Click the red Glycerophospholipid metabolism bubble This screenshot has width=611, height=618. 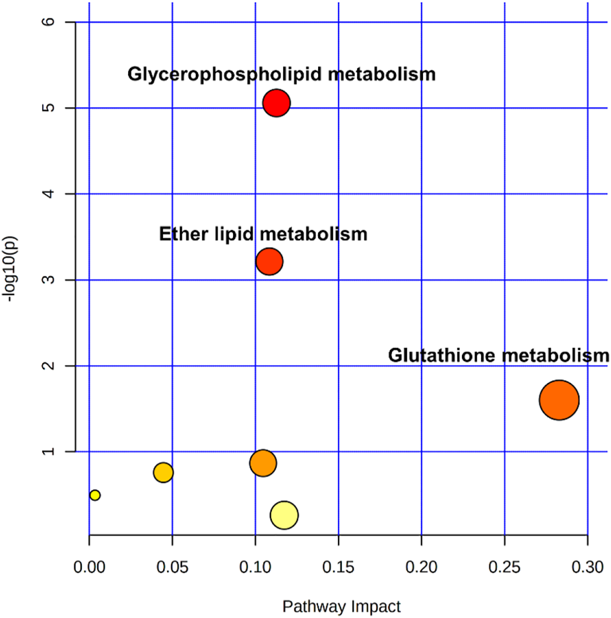pos(276,103)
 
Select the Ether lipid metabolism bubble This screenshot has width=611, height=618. pos(269,261)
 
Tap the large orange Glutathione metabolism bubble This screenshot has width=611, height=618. pos(559,400)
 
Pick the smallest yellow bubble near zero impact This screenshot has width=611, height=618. pos(95,495)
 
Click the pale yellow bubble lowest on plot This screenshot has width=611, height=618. pos(284,515)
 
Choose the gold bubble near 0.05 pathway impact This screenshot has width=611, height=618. pos(163,473)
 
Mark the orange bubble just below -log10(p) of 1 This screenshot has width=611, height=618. pos(263,463)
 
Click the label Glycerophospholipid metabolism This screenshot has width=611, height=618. pos(282,74)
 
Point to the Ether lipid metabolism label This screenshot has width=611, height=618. pos(263,234)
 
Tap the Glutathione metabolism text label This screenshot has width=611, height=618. pos(498,356)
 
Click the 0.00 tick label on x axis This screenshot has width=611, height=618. pos(89,566)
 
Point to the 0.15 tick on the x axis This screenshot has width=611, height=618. pos(338,566)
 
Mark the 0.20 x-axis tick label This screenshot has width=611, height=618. pos(422,566)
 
